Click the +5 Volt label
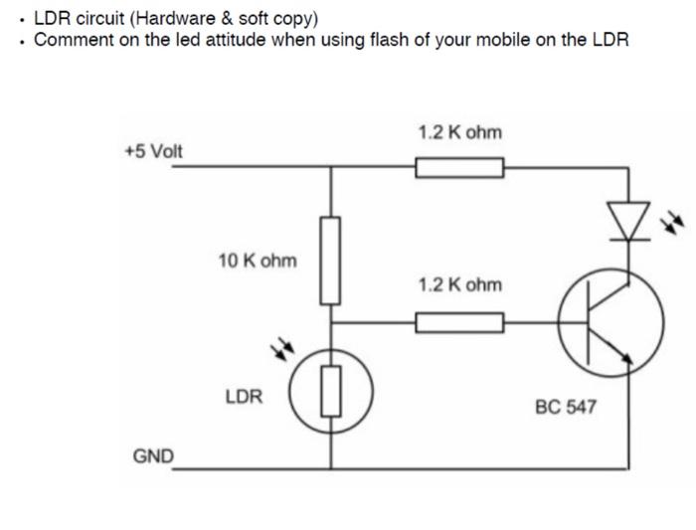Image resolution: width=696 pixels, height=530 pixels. tap(153, 151)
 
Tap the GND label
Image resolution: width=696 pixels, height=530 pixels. tap(152, 455)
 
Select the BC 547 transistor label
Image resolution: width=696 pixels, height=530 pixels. tap(566, 407)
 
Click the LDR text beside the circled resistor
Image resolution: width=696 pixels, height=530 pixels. tap(244, 397)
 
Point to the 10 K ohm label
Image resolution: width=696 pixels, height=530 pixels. tap(257, 261)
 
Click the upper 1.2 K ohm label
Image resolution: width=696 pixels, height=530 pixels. tap(460, 132)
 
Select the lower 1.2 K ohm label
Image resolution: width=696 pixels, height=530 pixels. tap(460, 285)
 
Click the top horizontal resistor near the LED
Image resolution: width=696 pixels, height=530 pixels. tap(459, 168)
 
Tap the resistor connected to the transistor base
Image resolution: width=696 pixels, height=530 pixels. tap(459, 322)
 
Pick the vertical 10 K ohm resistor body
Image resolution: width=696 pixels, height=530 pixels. tap(331, 260)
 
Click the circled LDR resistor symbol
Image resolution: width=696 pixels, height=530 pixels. tap(331, 390)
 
